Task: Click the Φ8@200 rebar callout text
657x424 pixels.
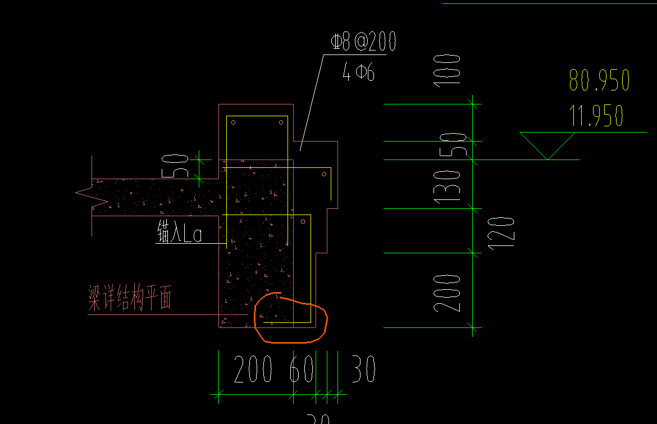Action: pos(364,42)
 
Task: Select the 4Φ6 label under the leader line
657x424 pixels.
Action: pos(358,72)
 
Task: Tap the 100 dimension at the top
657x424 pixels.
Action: pos(451,69)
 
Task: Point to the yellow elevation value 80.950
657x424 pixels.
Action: pos(599,80)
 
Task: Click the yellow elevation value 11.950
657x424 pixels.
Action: pos(596,116)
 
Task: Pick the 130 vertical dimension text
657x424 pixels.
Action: pos(451,186)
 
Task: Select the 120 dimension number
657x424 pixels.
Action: pos(505,233)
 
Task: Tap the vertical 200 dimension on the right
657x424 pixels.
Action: pos(449,293)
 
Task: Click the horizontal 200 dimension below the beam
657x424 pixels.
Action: pos(253,370)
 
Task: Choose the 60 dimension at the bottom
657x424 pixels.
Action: pos(302,370)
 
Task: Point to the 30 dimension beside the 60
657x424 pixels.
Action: pos(363,370)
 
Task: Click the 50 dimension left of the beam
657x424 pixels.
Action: pos(179,166)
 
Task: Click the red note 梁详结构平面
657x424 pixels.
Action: pos(129,298)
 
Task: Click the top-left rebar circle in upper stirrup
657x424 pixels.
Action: pos(234,122)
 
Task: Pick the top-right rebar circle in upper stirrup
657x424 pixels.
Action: pos(281,122)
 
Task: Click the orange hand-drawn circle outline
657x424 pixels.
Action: pos(325,320)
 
